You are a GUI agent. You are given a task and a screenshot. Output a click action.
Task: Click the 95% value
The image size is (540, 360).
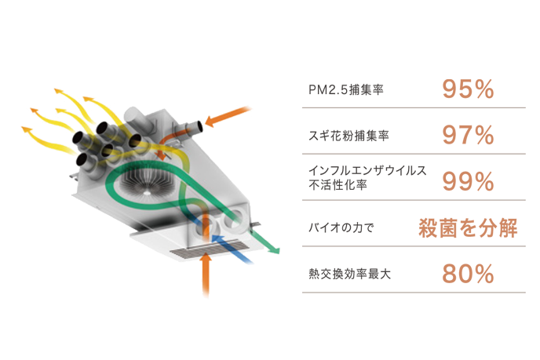[468, 89]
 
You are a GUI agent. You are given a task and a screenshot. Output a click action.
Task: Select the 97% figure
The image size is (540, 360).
[468, 136]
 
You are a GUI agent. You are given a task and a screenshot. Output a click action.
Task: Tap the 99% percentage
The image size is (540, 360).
[468, 182]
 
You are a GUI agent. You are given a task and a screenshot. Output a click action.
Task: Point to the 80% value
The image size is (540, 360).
[468, 274]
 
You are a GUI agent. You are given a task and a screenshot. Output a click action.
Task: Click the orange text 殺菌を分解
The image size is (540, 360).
[466, 228]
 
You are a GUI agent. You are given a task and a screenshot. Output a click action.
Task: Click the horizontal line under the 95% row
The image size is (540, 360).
[414, 107]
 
